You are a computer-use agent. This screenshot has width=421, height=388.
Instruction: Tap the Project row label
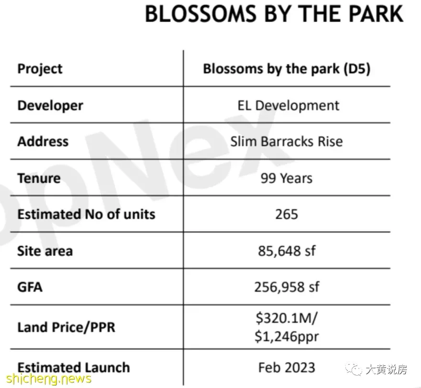coord(40,69)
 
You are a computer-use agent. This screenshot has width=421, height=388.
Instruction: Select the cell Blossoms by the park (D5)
coord(287,69)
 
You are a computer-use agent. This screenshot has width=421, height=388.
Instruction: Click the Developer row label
coord(50,106)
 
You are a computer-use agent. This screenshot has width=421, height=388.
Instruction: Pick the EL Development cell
coord(288,106)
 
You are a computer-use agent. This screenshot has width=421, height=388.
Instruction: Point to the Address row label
coord(43,141)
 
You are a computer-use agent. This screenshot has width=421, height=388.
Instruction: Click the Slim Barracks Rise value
coord(287,141)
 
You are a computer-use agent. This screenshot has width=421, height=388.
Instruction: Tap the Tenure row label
coord(39,178)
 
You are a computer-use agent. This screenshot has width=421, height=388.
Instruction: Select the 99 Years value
coord(287,178)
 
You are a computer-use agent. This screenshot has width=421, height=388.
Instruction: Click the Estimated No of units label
coord(86,214)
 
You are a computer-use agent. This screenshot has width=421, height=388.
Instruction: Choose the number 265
coord(287,215)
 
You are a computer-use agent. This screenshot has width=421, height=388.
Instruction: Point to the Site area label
coord(45,251)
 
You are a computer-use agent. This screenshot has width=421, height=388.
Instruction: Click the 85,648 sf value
coord(287,251)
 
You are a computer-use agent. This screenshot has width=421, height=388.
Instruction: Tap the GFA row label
coord(30,287)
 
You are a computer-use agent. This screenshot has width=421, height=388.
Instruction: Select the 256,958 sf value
coord(287,287)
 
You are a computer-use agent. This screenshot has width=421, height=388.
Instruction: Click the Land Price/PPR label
coord(66,327)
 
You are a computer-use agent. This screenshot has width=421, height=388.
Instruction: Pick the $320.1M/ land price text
coord(287,318)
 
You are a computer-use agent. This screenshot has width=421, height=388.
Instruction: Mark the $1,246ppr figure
coord(287,336)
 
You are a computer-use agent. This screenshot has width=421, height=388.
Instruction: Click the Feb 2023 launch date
coord(287,367)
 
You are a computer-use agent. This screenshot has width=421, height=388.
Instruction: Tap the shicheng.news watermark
coord(49,378)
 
